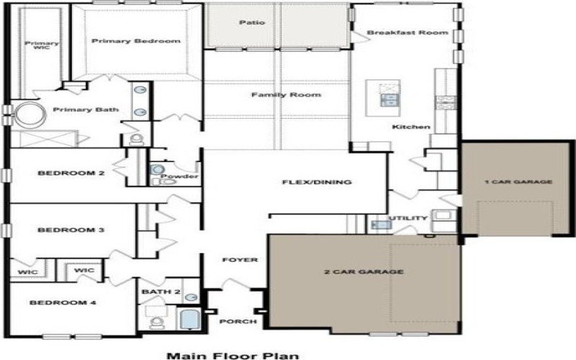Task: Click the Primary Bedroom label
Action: coord(135,41)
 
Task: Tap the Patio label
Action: coord(251,22)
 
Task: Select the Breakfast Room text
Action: coord(408,32)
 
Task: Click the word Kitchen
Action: coord(410,127)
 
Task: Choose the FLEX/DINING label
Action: coord(316,182)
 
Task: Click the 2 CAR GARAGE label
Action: coord(363,271)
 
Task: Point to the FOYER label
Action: coord(240,259)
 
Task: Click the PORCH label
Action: coord(238,321)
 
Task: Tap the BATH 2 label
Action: coord(161,292)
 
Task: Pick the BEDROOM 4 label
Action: coord(63,303)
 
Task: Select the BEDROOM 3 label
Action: coord(61,230)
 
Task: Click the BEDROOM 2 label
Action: coord(61,173)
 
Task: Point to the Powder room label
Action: coord(179,176)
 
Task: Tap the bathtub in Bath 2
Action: coord(188,318)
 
